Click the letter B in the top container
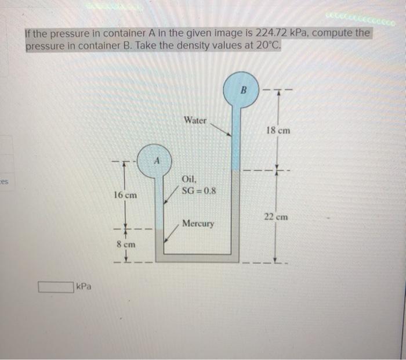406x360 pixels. (x=244, y=91)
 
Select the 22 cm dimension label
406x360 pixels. (x=276, y=217)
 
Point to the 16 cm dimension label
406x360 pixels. (x=125, y=196)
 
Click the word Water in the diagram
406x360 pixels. (x=195, y=120)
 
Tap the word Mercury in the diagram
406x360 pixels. (x=198, y=223)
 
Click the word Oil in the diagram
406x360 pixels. (x=190, y=179)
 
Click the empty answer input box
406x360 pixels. (x=57, y=286)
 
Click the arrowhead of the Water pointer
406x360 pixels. (x=230, y=134)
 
